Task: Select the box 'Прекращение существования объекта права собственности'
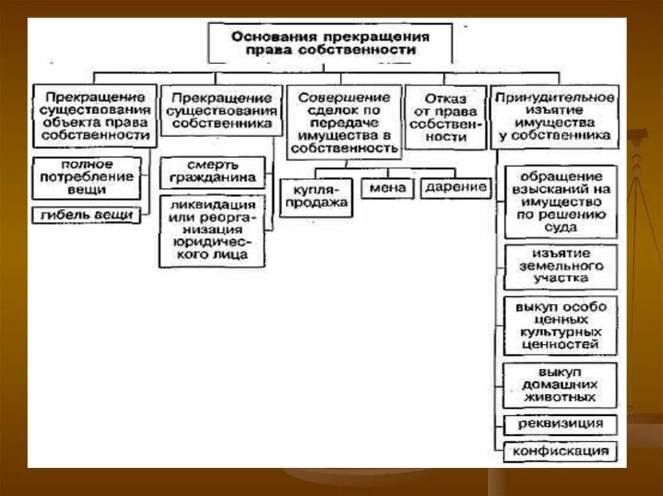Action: point(95,116)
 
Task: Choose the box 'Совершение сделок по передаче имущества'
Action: point(344,122)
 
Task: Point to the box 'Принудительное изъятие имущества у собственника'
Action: point(554,116)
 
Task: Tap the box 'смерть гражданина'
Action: point(212,171)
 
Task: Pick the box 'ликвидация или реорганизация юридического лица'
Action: point(212,229)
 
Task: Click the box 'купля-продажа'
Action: point(315,197)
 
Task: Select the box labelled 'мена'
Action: point(388,188)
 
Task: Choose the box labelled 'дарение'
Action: point(456,188)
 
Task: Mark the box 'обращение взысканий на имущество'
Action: point(560,202)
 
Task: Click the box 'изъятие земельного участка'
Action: point(560,266)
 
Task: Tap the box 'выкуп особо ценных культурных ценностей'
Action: point(560,325)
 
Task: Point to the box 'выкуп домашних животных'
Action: point(560,385)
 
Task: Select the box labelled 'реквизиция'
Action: point(560,424)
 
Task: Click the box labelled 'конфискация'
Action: point(560,451)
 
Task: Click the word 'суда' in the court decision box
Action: point(561,228)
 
